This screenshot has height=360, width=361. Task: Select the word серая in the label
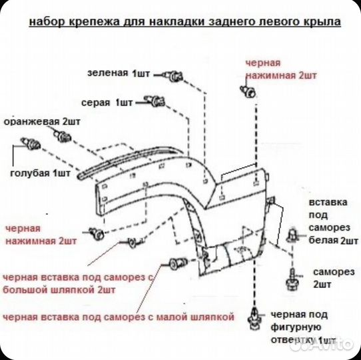pos(96,104)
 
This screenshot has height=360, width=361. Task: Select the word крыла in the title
pos(322,22)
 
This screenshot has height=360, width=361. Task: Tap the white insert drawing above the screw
pos(293,236)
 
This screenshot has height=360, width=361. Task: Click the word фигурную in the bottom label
pos(300,327)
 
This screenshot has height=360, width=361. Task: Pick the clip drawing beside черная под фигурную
pos(254,319)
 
